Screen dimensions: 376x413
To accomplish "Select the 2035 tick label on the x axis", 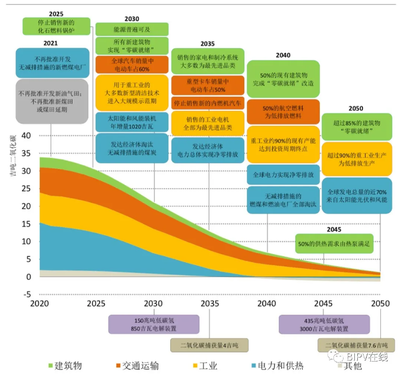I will (x=209, y=304).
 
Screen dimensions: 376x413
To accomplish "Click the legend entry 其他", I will (x=349, y=365).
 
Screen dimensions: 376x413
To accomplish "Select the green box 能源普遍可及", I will (x=132, y=28).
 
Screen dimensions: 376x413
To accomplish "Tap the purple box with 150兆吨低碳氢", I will (x=145, y=324).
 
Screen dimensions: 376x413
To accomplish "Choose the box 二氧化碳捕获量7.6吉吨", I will (x=356, y=346).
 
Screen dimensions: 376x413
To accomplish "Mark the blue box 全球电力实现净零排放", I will (x=283, y=175).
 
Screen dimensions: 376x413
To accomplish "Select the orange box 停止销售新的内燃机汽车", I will (x=207, y=103).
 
